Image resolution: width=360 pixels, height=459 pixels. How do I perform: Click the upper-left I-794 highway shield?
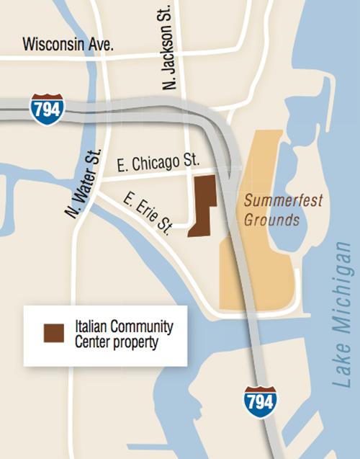tap(47, 108)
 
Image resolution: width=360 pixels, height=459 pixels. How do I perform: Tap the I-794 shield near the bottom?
tap(259, 400)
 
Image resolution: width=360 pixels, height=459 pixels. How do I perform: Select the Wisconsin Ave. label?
tap(68, 44)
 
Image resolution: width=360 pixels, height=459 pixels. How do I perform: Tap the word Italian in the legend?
tap(93, 326)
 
